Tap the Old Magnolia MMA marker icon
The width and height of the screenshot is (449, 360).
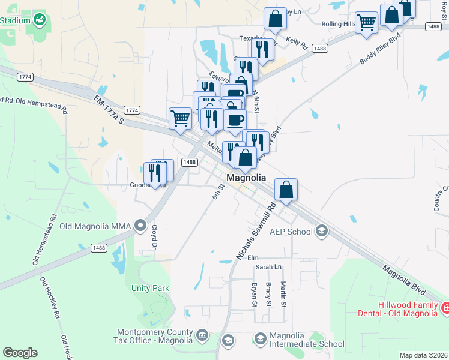click(140, 226)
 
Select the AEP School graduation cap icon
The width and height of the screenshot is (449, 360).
click(321, 231)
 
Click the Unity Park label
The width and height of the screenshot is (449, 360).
click(151, 289)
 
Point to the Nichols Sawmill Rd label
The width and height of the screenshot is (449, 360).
click(256, 230)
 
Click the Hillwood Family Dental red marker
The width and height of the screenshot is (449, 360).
click(445, 308)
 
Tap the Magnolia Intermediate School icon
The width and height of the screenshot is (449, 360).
click(260, 339)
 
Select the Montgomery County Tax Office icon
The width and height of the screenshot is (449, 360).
click(201, 334)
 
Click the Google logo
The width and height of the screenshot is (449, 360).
click(20, 353)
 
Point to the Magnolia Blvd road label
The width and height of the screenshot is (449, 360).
click(404, 280)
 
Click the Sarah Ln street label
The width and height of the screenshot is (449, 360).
click(268, 266)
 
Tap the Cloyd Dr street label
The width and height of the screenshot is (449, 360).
click(154, 238)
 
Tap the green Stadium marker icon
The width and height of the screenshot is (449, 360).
click(40, 20)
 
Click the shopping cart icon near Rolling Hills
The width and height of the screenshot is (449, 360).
click(366, 23)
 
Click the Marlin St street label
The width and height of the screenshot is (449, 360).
click(283, 295)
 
